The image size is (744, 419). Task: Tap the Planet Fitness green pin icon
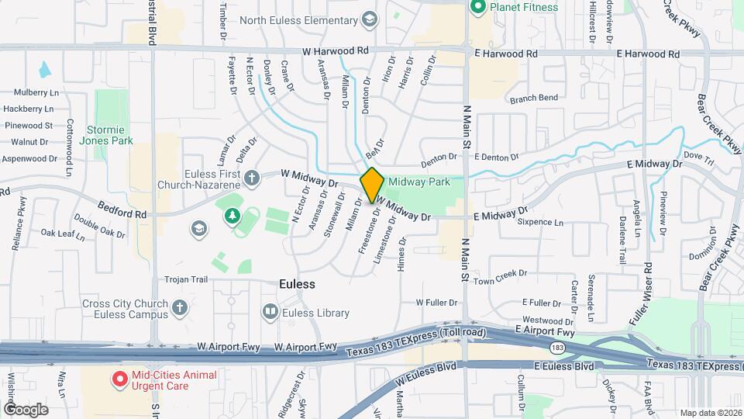tap(477, 8)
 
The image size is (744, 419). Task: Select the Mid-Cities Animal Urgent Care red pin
tap(120, 379)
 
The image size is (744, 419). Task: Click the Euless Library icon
tap(270, 313)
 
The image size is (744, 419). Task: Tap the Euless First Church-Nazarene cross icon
tap(251, 179)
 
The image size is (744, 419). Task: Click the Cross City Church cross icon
tap(180, 309)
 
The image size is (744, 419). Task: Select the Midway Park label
tap(419, 182)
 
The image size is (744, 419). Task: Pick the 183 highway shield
tap(556, 347)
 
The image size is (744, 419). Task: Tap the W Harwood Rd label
tap(336, 51)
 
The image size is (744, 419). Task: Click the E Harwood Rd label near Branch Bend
tap(505, 54)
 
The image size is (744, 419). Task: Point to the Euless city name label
tap(297, 284)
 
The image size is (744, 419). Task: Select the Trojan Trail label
tap(187, 279)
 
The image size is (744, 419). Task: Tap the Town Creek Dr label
tap(501, 274)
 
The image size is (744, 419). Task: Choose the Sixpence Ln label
tap(540, 223)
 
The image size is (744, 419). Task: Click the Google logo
tap(26, 409)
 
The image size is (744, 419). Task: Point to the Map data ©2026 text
tap(708, 413)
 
